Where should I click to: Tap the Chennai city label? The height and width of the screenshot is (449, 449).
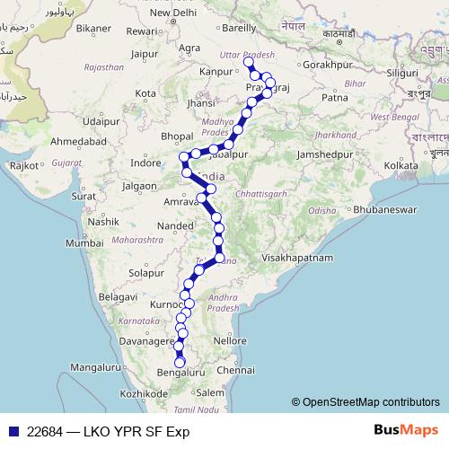click(x=236, y=370)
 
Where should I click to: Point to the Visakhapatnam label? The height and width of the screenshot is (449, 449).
click(x=301, y=257)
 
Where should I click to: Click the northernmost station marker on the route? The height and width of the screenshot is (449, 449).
click(x=249, y=66)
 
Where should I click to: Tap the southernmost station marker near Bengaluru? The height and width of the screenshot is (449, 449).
click(x=180, y=361)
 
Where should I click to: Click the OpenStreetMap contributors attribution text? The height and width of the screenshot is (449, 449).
click(x=371, y=402)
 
